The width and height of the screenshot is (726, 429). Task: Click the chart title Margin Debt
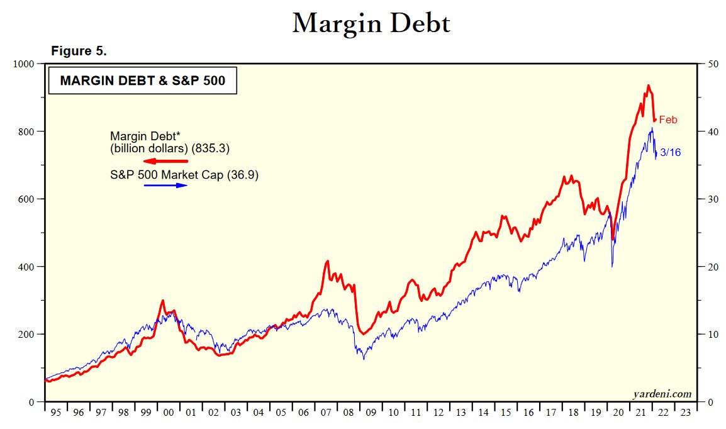(x=371, y=24)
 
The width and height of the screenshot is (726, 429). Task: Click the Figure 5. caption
(x=79, y=52)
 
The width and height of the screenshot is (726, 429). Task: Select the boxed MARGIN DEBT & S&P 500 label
(x=142, y=81)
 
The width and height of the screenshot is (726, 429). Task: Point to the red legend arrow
(x=166, y=162)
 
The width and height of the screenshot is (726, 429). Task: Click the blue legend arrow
(x=166, y=186)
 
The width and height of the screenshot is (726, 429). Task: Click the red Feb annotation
(x=668, y=120)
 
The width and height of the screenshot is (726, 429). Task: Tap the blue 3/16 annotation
(x=670, y=152)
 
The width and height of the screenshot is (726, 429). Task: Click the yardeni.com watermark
(x=662, y=394)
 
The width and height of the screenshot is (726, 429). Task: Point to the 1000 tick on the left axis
(x=23, y=64)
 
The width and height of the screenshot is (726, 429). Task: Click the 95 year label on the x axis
(x=56, y=413)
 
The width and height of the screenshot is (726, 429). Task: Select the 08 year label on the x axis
(x=348, y=413)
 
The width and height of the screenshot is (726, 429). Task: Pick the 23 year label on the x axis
(x=685, y=413)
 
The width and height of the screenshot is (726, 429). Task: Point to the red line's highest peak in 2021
(x=648, y=86)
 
